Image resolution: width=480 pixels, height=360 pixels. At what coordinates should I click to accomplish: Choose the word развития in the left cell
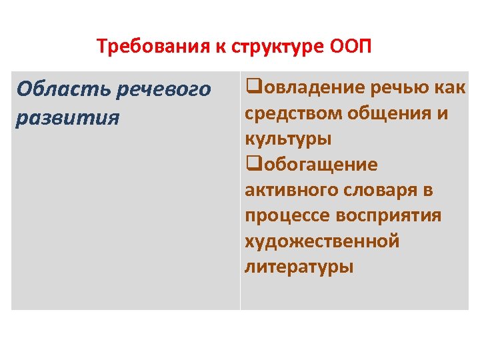click(68, 117)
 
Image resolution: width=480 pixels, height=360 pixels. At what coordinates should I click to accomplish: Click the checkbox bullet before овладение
click(251, 87)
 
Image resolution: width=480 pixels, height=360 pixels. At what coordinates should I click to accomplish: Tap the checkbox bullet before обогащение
click(251, 164)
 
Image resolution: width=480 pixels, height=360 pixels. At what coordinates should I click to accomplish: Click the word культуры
click(288, 139)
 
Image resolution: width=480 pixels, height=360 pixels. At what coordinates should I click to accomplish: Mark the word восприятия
click(391, 216)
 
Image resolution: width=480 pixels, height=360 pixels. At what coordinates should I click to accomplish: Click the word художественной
click(322, 241)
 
